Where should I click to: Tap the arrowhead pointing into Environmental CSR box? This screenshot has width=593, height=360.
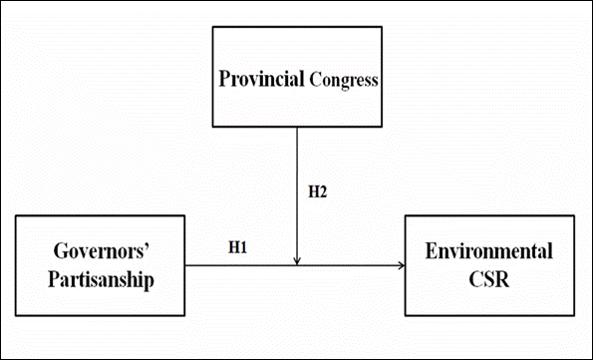(x=400, y=265)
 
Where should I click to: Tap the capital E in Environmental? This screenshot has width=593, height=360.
(x=432, y=249)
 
